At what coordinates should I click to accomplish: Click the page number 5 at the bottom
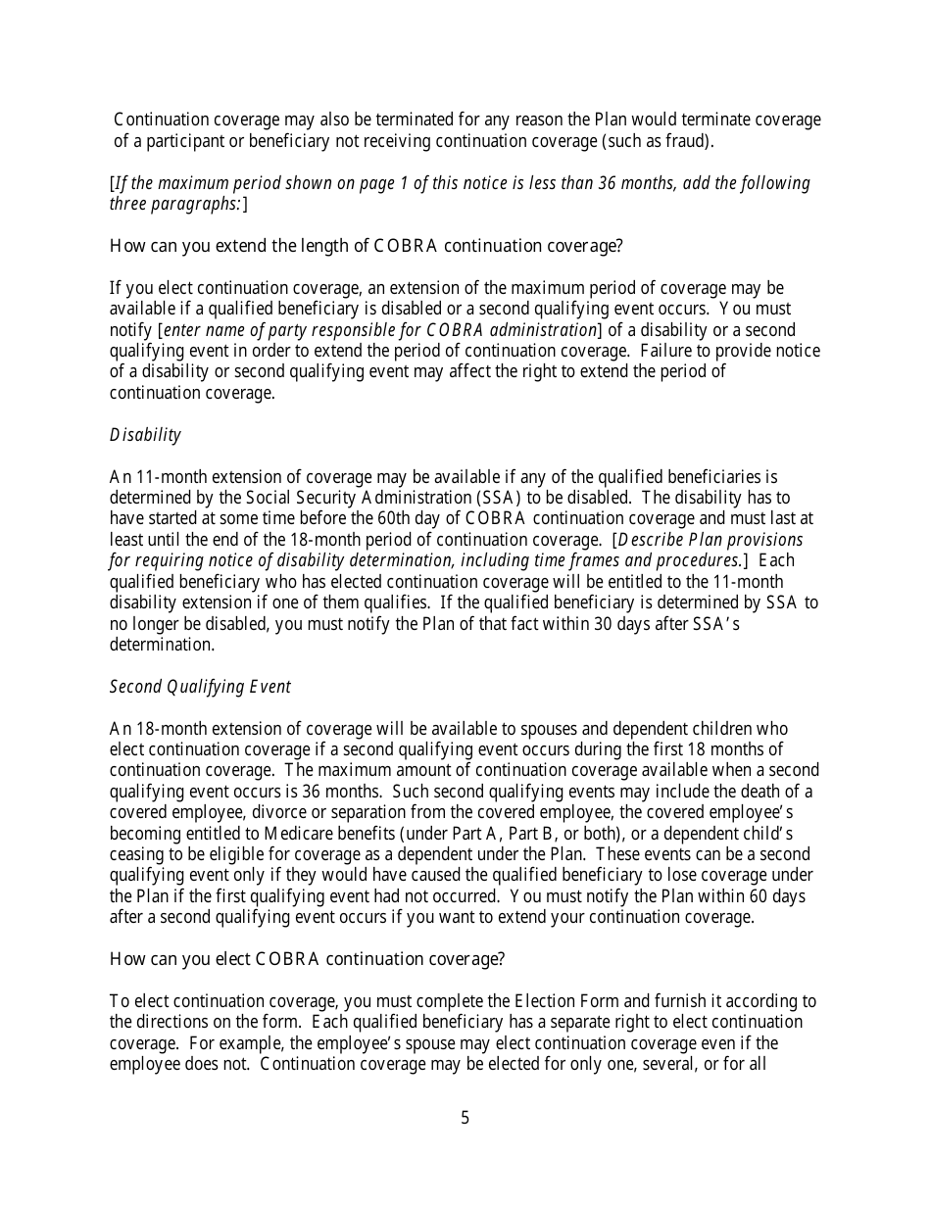(x=465, y=1118)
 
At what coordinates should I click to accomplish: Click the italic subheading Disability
(x=145, y=435)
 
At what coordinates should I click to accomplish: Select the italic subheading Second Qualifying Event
(x=200, y=687)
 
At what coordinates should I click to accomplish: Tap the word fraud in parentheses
(x=686, y=141)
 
